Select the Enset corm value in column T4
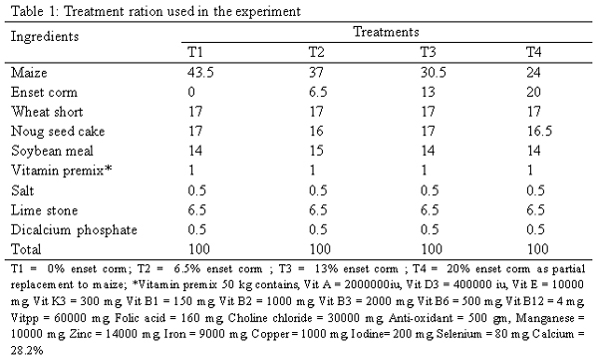534,92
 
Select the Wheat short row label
43,111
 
